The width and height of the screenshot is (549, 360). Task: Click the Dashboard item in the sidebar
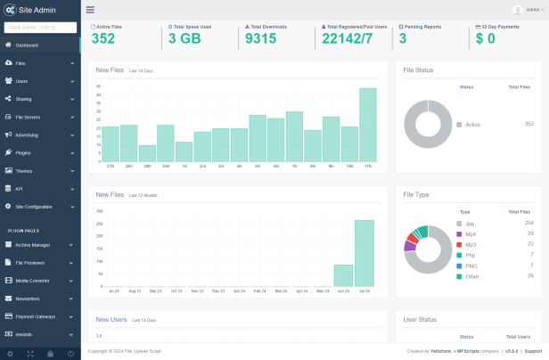(27, 45)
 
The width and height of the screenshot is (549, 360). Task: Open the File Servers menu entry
(28, 117)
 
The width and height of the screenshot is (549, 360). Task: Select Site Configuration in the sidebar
(34, 206)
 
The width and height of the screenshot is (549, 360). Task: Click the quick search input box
(39, 27)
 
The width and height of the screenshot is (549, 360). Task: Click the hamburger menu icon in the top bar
(90, 10)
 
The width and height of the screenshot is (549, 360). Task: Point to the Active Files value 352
(102, 38)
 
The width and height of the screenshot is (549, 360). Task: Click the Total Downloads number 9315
(260, 38)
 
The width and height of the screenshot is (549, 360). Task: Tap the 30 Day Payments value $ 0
(485, 38)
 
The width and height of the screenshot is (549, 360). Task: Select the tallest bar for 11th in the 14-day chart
(367, 125)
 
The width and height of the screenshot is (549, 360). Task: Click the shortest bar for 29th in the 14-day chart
(147, 153)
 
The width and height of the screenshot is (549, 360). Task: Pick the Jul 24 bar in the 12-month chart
(364, 253)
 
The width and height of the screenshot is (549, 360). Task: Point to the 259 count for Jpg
(529, 223)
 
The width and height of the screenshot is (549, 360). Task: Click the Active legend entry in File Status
(471, 125)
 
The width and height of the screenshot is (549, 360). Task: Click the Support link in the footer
(533, 352)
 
